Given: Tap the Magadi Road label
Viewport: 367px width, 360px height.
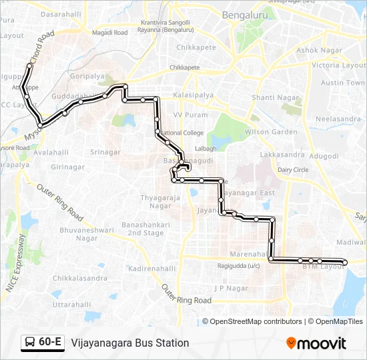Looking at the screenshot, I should [x=110, y=33].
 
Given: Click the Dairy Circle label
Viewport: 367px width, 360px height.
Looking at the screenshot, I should [x=293, y=170].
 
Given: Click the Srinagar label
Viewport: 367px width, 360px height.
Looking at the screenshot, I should [x=105, y=152].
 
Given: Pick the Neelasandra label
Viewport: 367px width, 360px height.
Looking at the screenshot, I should [x=337, y=119].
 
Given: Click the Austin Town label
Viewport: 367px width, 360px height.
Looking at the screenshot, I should [x=343, y=83].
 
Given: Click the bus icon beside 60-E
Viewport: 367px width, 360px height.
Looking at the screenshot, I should [x=30, y=342].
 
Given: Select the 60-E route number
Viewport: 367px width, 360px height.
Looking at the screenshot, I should [x=51, y=342].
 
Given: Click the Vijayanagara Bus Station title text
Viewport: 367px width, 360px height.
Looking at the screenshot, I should [x=130, y=343].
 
